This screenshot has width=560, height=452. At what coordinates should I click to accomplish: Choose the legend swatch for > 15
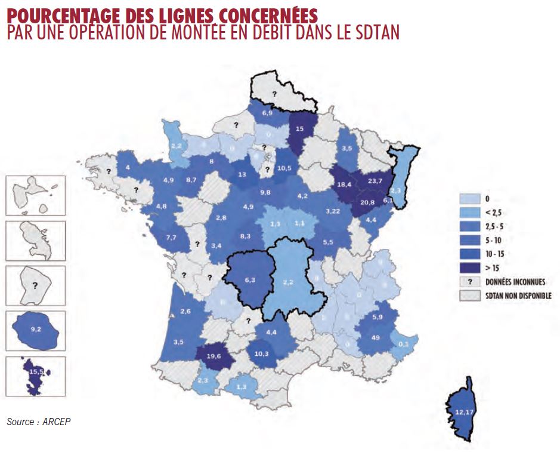[469, 268]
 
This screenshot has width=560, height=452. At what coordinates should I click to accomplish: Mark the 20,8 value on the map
[367, 202]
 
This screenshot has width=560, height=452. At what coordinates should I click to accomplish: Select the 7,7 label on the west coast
[171, 238]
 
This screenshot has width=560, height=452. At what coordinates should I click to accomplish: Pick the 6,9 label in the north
[267, 113]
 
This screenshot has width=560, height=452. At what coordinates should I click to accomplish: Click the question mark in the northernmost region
[275, 94]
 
